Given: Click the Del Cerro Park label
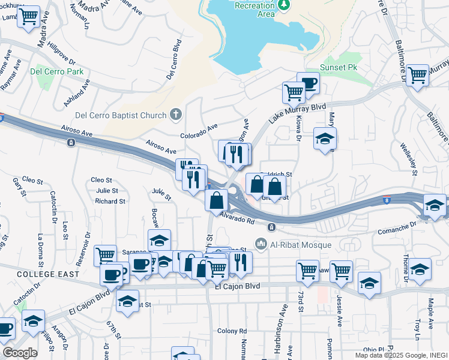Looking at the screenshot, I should (57, 71).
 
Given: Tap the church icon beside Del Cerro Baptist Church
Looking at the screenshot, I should (176, 113).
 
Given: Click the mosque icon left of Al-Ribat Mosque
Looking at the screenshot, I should (261, 244).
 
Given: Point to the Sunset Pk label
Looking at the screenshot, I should (339, 67).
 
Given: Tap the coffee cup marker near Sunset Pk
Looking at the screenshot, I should (308, 83).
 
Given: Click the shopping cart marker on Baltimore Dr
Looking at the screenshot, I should (417, 76).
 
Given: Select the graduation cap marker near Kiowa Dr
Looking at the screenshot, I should (325, 139).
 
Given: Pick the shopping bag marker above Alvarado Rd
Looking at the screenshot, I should (216, 200).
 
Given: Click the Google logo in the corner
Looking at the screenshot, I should (20, 353).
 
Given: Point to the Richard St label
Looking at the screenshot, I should (110, 202).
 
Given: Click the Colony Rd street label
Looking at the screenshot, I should (228, 331).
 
